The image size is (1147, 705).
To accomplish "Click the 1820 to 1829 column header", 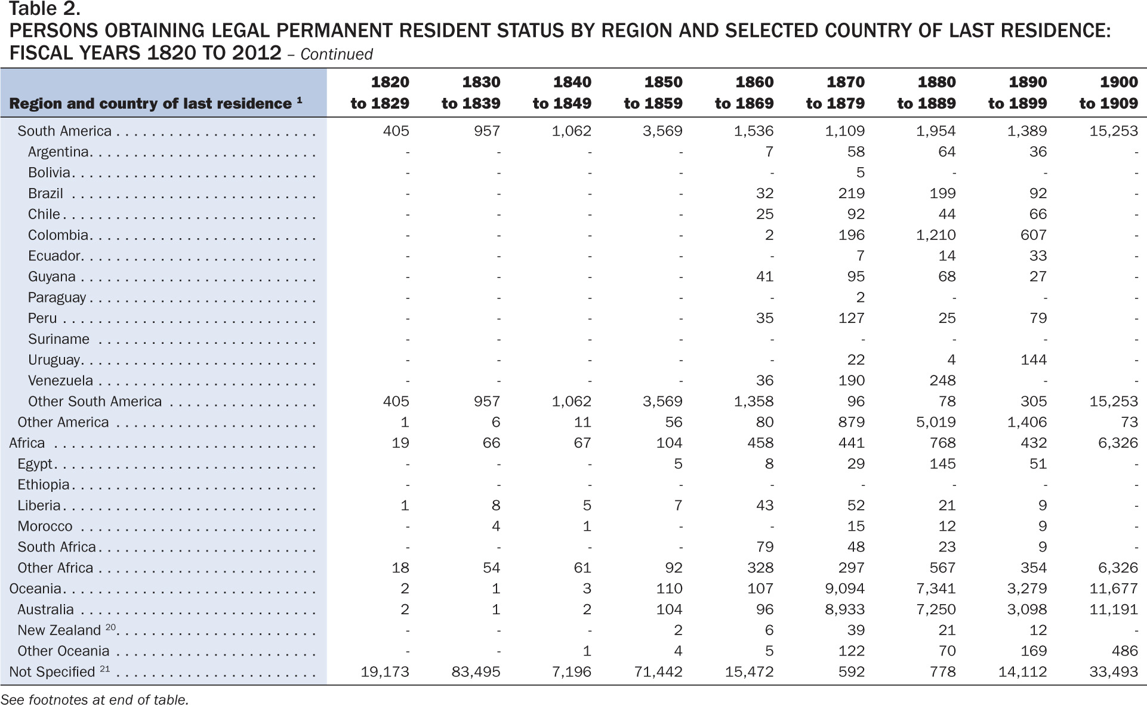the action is [380, 93].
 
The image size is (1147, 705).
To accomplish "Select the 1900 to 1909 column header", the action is [1109, 93].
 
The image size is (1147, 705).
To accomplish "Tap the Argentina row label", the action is [58, 152].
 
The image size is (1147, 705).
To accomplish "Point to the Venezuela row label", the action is [60, 380].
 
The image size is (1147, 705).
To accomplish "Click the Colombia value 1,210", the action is [936, 235].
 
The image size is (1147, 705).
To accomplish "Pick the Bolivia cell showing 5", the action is [860, 173].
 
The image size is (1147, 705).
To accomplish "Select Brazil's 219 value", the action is [852, 193].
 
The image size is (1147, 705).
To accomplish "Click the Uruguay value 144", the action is [1034, 359].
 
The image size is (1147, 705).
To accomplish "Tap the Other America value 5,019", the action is [936, 422].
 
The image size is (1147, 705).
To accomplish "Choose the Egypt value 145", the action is [942, 464].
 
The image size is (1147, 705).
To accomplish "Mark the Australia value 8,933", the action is [845, 609].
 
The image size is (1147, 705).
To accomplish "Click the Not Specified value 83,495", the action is [476, 672].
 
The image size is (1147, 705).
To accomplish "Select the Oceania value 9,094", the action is [845, 589].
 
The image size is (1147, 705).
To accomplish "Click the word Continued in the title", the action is [337, 54].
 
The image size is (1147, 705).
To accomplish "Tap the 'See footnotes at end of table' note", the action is [94, 699].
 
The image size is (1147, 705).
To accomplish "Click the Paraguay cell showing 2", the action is [860, 297].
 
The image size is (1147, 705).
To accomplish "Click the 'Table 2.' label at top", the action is [44, 10].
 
